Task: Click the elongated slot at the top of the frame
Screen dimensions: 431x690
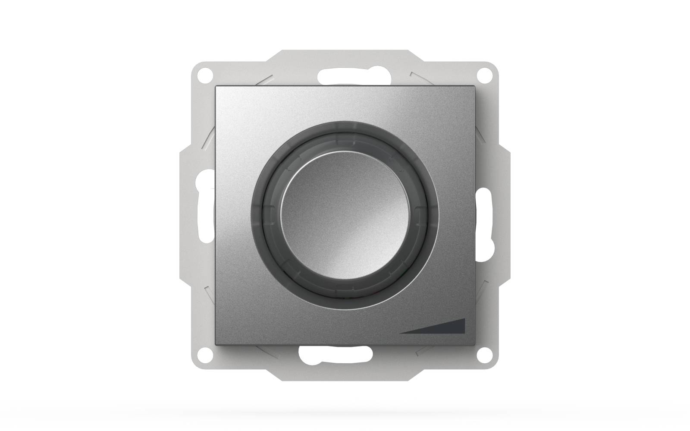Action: point(345,76)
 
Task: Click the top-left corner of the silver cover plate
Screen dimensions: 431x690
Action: point(216,87)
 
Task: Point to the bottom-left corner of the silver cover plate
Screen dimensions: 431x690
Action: point(216,344)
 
